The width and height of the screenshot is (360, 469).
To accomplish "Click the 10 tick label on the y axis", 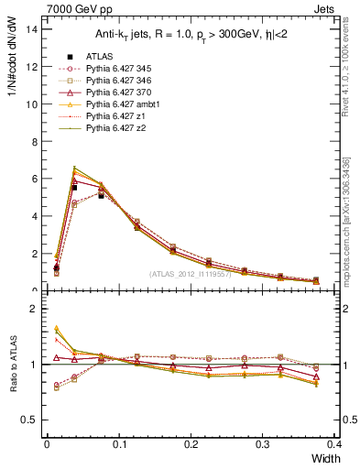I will (33, 104).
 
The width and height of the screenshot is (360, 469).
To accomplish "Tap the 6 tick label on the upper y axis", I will (36, 179).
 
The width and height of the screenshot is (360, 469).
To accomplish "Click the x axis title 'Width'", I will (325, 459).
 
